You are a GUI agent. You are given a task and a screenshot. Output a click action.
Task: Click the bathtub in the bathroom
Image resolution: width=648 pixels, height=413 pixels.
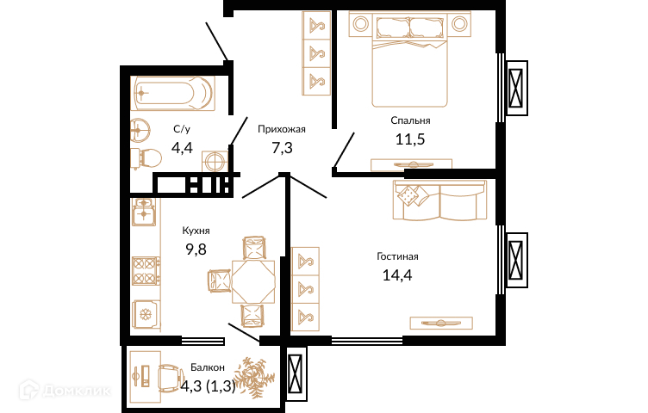pyautogui.click(x=172, y=93)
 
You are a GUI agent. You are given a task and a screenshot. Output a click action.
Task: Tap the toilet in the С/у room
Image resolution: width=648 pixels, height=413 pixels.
pyautogui.click(x=146, y=158)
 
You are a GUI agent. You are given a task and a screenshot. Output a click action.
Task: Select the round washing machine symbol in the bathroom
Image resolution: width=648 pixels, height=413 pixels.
pyautogui.click(x=215, y=161)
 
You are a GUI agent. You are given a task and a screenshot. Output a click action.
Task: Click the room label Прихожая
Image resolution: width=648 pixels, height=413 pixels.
pyautogui.click(x=282, y=129)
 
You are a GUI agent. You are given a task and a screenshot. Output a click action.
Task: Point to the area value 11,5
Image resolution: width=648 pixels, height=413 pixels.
pyautogui.click(x=410, y=139)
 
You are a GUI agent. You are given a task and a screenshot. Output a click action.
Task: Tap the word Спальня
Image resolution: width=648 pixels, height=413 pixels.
pyautogui.click(x=410, y=120)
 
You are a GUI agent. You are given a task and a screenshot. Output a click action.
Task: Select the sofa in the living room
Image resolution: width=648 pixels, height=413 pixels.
pyautogui.click(x=439, y=200)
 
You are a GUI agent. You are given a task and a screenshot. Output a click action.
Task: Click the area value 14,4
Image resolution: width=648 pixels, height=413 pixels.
pyautogui.click(x=397, y=274)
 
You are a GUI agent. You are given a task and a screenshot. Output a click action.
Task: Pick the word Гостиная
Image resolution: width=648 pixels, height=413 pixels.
pyautogui.click(x=397, y=256)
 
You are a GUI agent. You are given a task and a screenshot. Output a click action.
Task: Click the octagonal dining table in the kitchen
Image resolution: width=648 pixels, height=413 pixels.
pyautogui.click(x=253, y=282)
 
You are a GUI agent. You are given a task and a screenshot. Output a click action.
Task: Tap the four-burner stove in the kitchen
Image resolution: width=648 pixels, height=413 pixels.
pyautogui.click(x=146, y=271)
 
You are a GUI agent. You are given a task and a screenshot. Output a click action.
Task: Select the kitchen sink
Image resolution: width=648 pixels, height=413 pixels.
pyautogui.click(x=143, y=212)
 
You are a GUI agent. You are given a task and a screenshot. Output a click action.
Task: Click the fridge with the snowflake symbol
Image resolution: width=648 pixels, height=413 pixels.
pyautogui.click(x=146, y=315)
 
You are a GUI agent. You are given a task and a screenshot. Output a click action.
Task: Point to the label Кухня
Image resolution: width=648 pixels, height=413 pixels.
pyautogui.click(x=196, y=231)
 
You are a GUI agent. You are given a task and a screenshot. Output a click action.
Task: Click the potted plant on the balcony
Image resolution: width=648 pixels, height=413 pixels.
pyautogui.click(x=250, y=376)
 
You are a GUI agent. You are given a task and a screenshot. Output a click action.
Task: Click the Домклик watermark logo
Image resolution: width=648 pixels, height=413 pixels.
pyautogui.click(x=65, y=390)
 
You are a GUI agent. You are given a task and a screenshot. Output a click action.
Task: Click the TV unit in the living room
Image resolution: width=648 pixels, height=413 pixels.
pyautogui.click(x=441, y=323)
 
